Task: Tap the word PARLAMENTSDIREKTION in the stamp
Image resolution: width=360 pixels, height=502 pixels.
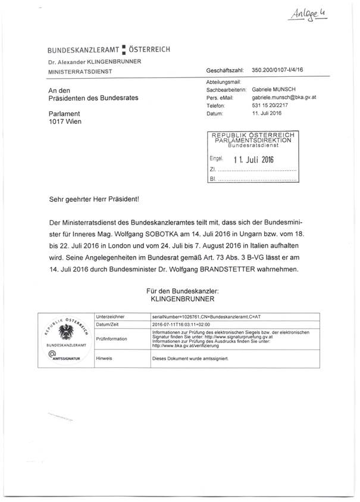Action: [252, 141]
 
